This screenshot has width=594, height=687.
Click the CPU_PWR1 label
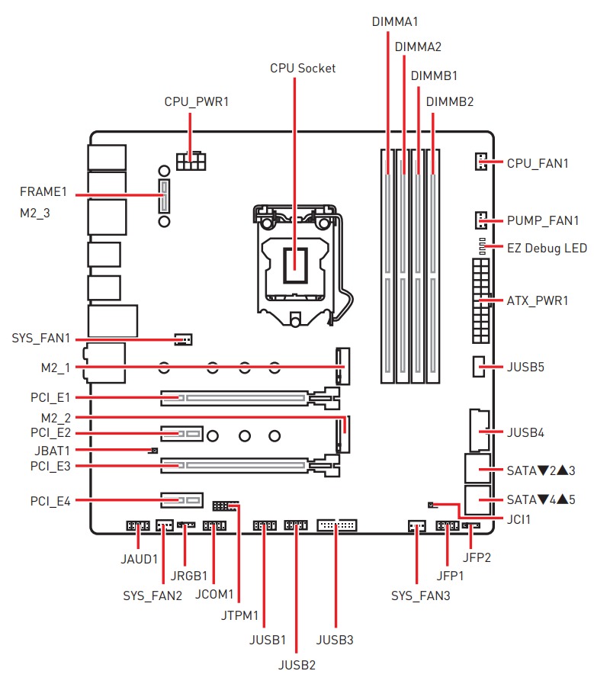[197, 101]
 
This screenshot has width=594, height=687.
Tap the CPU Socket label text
[303, 68]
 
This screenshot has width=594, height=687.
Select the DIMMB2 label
[450, 101]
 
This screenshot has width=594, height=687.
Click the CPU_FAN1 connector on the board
[480, 162]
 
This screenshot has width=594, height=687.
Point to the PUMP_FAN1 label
[543, 222]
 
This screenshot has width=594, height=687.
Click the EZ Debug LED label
[547, 249]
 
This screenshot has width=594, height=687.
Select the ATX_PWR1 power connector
[480, 300]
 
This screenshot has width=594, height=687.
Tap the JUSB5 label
[525, 367]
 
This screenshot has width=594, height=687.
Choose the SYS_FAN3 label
[420, 596]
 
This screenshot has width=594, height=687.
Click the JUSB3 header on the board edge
[336, 525]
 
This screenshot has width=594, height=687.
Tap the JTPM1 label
[239, 615]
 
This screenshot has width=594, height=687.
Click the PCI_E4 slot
[181, 500]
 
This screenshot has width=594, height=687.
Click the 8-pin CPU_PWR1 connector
[191, 161]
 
